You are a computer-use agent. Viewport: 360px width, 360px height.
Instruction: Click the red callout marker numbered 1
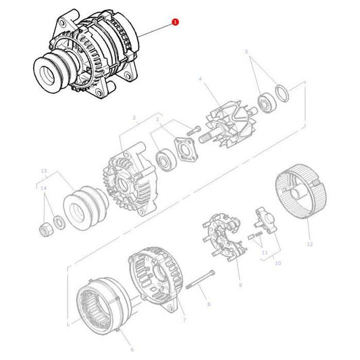coord(176,22)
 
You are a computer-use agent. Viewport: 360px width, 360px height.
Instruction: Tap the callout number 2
coord(134,118)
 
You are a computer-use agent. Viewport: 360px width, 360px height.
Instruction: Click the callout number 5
coord(247,52)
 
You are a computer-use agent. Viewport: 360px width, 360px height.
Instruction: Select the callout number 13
coord(44,171)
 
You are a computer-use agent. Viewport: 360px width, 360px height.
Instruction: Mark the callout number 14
coord(44,188)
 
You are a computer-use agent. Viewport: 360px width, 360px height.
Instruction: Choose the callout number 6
coord(132,349)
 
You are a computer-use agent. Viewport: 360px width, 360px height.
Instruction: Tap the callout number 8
coord(208,305)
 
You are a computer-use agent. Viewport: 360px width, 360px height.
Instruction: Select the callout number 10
coord(278,262)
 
